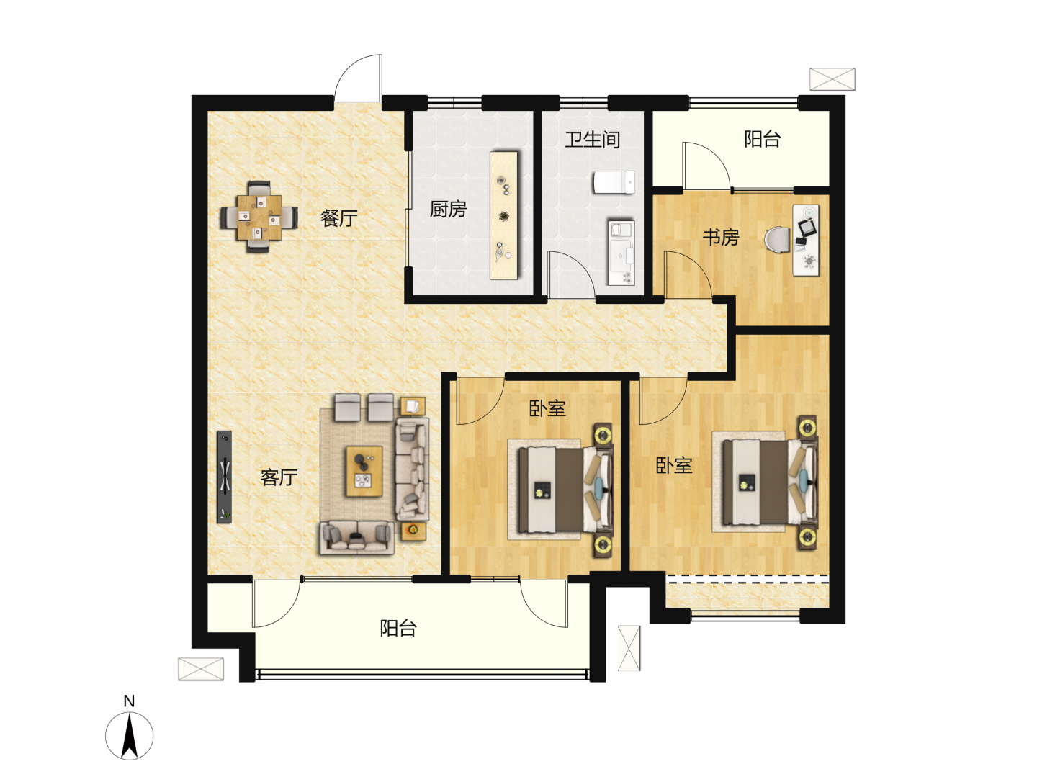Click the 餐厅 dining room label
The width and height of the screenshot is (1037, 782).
coord(338,218)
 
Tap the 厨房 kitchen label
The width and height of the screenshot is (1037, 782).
coord(448,209)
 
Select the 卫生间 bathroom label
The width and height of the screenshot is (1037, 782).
coord(593,140)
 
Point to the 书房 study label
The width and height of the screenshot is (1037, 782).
coord(720,237)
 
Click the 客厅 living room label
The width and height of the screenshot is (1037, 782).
coord(279,477)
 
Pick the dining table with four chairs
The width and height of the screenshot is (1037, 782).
coord(259,217)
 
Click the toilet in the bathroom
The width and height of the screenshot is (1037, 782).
coord(614,181)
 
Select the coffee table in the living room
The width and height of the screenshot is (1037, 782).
coord(364,471)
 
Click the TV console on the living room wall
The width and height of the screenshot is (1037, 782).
coord(225,477)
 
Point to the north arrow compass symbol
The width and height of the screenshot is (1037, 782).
coord(130,736)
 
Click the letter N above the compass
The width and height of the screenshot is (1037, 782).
coord(129,701)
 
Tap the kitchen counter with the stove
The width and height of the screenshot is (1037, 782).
coord(504,215)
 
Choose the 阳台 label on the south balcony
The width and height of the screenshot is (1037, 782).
coord(398,629)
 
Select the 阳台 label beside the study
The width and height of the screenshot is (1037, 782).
coord(763,139)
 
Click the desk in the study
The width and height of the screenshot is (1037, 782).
coord(806,240)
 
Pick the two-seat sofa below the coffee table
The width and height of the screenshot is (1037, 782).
coord(357,537)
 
